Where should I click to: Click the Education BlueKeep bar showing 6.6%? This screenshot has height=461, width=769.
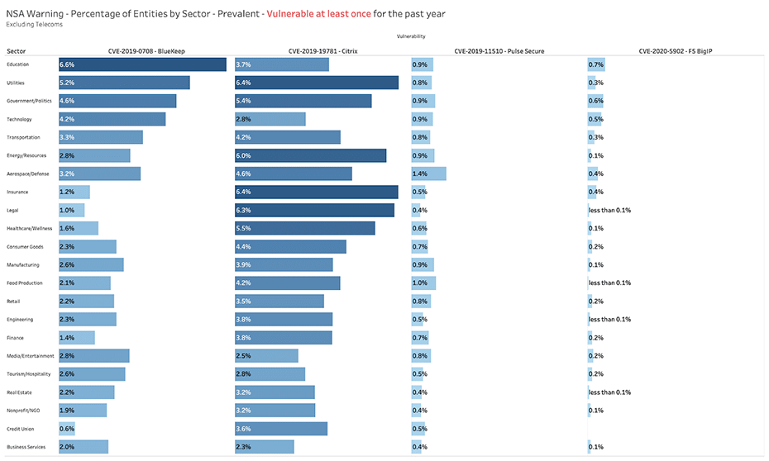(x=142, y=64)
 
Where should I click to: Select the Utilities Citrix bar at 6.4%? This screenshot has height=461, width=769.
(x=317, y=83)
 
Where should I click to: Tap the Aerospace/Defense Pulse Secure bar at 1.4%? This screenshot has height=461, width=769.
(x=428, y=173)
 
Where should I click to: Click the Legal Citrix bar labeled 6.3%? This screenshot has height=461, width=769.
(x=314, y=210)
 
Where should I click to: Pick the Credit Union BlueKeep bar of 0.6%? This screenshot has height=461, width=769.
(x=66, y=428)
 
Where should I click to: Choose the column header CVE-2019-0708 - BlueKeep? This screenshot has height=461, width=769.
(x=146, y=51)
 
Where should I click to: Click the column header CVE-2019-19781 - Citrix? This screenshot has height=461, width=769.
(x=322, y=51)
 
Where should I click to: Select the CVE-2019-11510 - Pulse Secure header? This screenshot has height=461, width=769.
(x=499, y=51)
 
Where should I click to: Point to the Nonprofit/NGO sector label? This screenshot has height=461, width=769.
(x=23, y=410)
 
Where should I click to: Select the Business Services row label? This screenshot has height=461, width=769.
(x=26, y=446)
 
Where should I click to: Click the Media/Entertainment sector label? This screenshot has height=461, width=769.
(x=31, y=355)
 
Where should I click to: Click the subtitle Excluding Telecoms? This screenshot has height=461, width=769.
(x=34, y=24)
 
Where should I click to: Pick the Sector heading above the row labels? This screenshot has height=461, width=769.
(x=16, y=51)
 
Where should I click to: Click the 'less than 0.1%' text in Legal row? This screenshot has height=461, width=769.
(x=609, y=210)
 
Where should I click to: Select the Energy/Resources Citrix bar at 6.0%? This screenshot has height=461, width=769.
(x=310, y=155)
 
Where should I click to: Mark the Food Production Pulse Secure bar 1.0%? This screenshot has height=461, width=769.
(x=423, y=283)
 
